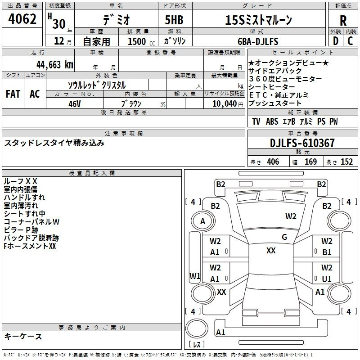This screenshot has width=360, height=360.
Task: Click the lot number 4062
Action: click(22, 19)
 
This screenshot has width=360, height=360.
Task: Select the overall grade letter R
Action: click(343, 21)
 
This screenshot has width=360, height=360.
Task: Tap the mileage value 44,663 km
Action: click(54, 65)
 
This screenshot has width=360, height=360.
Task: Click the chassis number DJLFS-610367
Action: click(302, 143)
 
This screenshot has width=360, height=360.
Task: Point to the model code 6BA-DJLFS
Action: click(258, 41)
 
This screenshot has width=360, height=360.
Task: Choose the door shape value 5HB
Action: click(174, 20)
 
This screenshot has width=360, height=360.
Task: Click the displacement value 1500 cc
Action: click(141, 41)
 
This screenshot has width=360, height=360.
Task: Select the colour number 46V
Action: click(75, 104)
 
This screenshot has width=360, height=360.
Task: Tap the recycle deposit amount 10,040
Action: click(224, 104)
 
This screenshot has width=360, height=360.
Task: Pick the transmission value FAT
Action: click(13, 94)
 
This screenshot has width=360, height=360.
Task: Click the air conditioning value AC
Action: click(35, 94)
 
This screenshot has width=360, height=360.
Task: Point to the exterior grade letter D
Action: click(336, 41)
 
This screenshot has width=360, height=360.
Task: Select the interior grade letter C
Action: click(350, 41)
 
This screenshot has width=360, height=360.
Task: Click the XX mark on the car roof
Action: click(271, 251)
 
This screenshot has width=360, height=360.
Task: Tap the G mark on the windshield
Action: click(284, 237)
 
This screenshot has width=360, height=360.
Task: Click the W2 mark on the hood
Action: click(291, 216)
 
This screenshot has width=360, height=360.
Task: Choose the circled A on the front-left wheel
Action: click(202, 221)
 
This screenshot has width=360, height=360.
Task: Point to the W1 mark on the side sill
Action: click(195, 276)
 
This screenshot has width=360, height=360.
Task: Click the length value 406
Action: click(273, 162)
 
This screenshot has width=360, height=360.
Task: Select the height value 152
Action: click(346, 162)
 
